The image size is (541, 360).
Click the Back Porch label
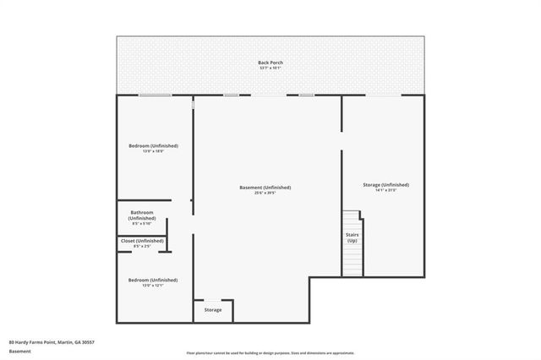click(270, 63)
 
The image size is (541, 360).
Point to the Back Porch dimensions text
click(270, 68)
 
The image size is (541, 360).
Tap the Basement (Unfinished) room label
click(265, 187)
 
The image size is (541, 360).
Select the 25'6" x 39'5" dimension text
click(265, 193)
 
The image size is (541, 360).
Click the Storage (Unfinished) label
click(385, 184)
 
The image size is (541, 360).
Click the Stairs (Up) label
click(352, 237)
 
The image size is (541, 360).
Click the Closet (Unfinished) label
click(142, 241)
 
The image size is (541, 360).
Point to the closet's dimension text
click(142, 247)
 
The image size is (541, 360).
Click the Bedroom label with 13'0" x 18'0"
click(153, 145)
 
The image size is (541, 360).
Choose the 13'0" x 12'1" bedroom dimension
click(153, 286)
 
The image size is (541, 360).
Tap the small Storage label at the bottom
click(213, 310)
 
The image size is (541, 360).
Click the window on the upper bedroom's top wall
click(155, 95)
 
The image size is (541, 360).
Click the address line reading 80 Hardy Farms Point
click(52, 341)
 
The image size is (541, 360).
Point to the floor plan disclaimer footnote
click(270, 353)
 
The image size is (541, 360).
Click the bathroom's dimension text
click(142, 224)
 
